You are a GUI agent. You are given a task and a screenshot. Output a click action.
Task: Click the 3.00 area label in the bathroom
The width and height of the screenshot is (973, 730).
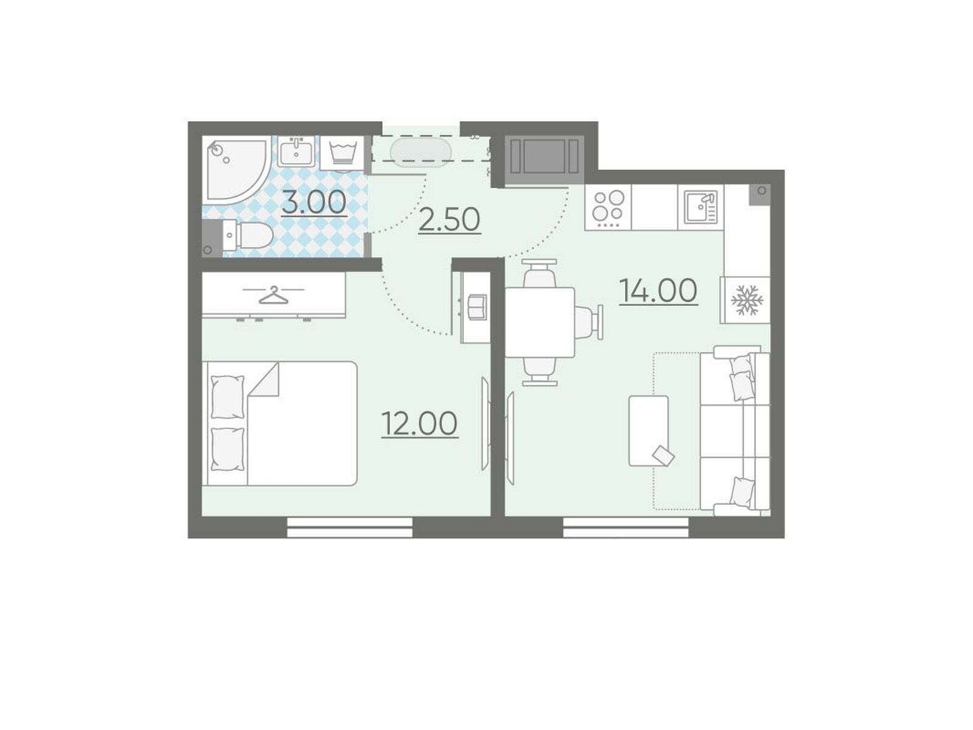coord(314,203)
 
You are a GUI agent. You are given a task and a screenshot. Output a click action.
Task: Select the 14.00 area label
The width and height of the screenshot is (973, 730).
coord(658,290)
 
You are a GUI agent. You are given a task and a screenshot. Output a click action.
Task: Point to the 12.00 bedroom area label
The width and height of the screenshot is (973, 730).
coord(419,423)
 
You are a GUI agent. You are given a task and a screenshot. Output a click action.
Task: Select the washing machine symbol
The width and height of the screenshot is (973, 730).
coord(342,153)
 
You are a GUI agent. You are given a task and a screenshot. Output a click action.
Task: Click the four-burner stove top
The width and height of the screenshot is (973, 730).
coord(608,207)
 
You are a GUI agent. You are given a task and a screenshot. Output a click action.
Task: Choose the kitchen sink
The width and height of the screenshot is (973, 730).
coord(700,207)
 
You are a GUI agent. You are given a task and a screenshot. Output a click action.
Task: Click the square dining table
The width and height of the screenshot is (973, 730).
coord(540,322)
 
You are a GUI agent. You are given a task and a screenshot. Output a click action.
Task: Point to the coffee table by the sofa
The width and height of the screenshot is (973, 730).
coord(649,431)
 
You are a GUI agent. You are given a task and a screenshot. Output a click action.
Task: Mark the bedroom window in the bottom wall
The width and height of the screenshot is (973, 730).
coord(350,527)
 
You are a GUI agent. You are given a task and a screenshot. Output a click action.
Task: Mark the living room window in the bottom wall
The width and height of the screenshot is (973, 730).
coord(626,527)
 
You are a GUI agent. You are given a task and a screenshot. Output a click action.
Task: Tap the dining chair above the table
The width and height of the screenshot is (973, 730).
coord(540,273)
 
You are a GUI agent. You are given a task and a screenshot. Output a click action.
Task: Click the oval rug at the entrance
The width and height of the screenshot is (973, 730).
coord(420,152)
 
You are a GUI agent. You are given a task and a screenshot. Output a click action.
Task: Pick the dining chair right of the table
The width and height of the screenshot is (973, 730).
coord(589,322)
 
